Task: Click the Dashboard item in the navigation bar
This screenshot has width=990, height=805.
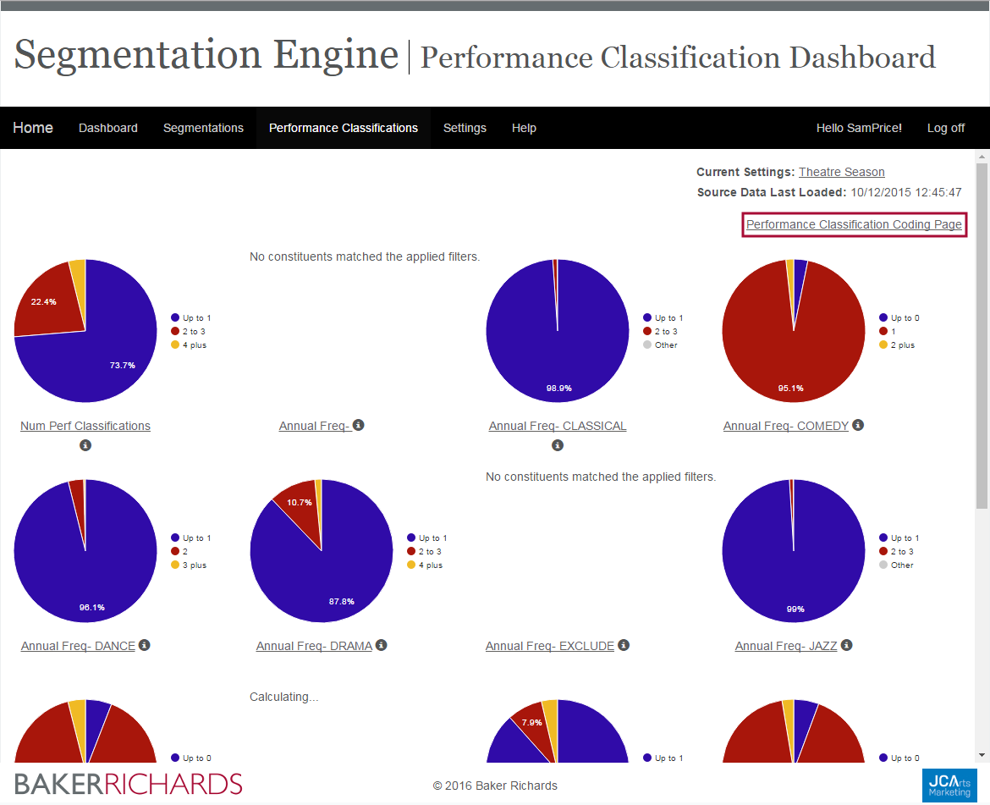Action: point(108,128)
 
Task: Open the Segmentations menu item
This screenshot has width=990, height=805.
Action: point(203,128)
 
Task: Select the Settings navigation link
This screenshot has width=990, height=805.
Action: point(465,128)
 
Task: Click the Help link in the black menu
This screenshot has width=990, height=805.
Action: point(524,128)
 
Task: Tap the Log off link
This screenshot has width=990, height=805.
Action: point(945,128)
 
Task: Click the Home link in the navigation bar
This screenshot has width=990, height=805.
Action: point(33,128)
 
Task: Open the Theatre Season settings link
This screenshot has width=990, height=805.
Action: point(841,172)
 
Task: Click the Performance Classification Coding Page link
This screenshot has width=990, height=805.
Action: point(854,224)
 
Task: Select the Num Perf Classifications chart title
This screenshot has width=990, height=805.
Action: point(85,426)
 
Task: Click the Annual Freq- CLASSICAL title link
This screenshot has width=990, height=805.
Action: point(558,426)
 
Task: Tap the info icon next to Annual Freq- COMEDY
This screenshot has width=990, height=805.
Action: point(858,425)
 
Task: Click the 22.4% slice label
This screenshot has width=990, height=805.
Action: point(43,302)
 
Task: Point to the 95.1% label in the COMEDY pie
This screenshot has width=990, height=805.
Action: point(790,389)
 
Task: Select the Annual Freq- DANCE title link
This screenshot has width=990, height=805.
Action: point(78,646)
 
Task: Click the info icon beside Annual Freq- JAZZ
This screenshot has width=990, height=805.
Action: point(846,645)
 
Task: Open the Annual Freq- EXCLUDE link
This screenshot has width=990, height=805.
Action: point(550,646)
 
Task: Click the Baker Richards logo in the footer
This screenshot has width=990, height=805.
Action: point(129,784)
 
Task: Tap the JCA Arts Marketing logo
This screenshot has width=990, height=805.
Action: point(949,784)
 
